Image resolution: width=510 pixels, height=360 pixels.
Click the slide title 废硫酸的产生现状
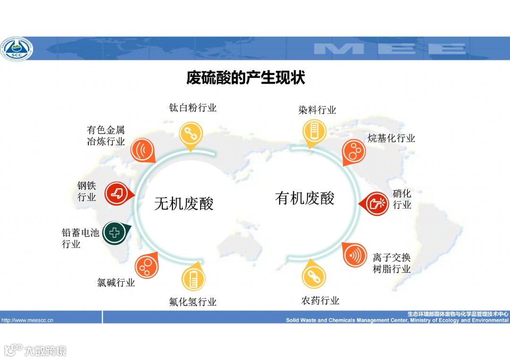coord(246,78)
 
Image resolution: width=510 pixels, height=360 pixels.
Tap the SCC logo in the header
coord(17,49)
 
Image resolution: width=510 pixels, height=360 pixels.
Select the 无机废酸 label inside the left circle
coord(184,203)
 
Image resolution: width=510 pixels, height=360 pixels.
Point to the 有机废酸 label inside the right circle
coord(305,198)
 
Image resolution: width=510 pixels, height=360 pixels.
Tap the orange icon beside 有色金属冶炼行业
coord(142,150)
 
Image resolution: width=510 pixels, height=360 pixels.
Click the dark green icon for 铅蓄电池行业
coord(115,232)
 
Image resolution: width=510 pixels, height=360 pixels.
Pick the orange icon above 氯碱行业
coord(147,266)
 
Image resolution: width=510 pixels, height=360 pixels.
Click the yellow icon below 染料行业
coord(312,131)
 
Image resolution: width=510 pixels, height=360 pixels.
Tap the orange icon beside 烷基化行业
coord(354,151)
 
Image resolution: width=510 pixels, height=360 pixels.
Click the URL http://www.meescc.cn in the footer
coord(27,320)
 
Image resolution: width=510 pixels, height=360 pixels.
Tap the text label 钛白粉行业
coord(193,108)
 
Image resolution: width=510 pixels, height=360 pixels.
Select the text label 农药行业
coord(320,301)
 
